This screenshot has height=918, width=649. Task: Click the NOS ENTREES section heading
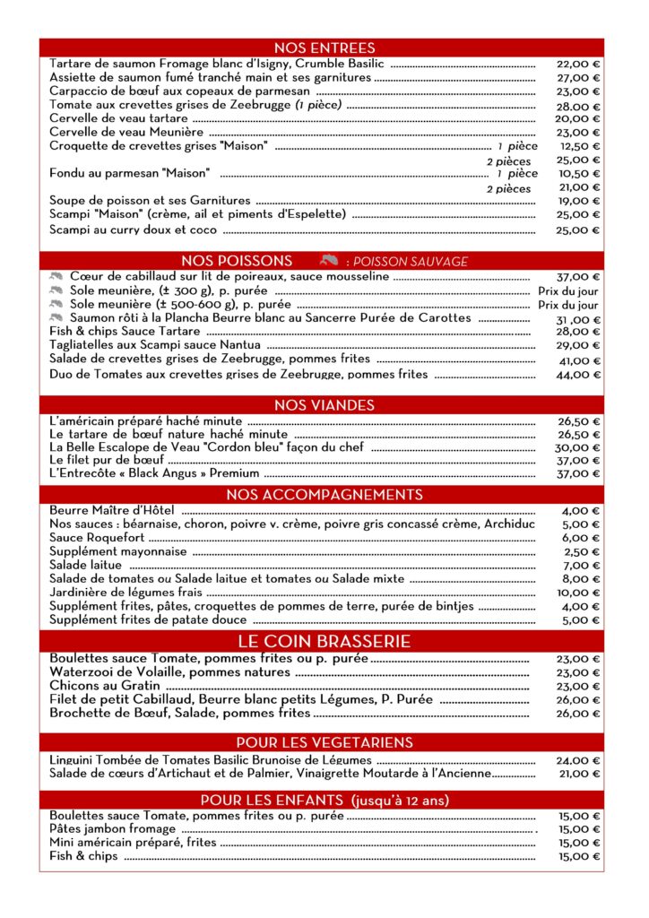coord(324,48)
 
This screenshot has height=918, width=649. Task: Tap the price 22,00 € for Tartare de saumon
coord(578,65)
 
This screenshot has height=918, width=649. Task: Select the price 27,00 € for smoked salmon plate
coord(578,78)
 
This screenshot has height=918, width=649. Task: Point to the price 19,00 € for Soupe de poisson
coord(578,202)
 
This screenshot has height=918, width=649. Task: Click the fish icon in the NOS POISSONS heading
coord(328,261)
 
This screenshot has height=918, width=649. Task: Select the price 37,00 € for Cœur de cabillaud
coord(578,277)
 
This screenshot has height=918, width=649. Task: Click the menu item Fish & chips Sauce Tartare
coord(125,332)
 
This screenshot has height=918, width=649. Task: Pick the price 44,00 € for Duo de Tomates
coord(578,376)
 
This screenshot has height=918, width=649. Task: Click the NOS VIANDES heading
coord(324,405)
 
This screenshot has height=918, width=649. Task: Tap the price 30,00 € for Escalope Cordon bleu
coord(578,447)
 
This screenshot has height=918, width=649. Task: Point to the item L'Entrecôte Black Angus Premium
coord(154,473)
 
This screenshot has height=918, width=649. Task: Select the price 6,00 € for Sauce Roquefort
coord(582,538)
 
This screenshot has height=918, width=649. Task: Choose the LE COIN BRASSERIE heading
coord(324,642)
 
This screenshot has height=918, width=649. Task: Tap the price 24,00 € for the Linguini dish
coord(578,761)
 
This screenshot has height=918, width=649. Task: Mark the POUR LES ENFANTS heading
coord(324,800)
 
